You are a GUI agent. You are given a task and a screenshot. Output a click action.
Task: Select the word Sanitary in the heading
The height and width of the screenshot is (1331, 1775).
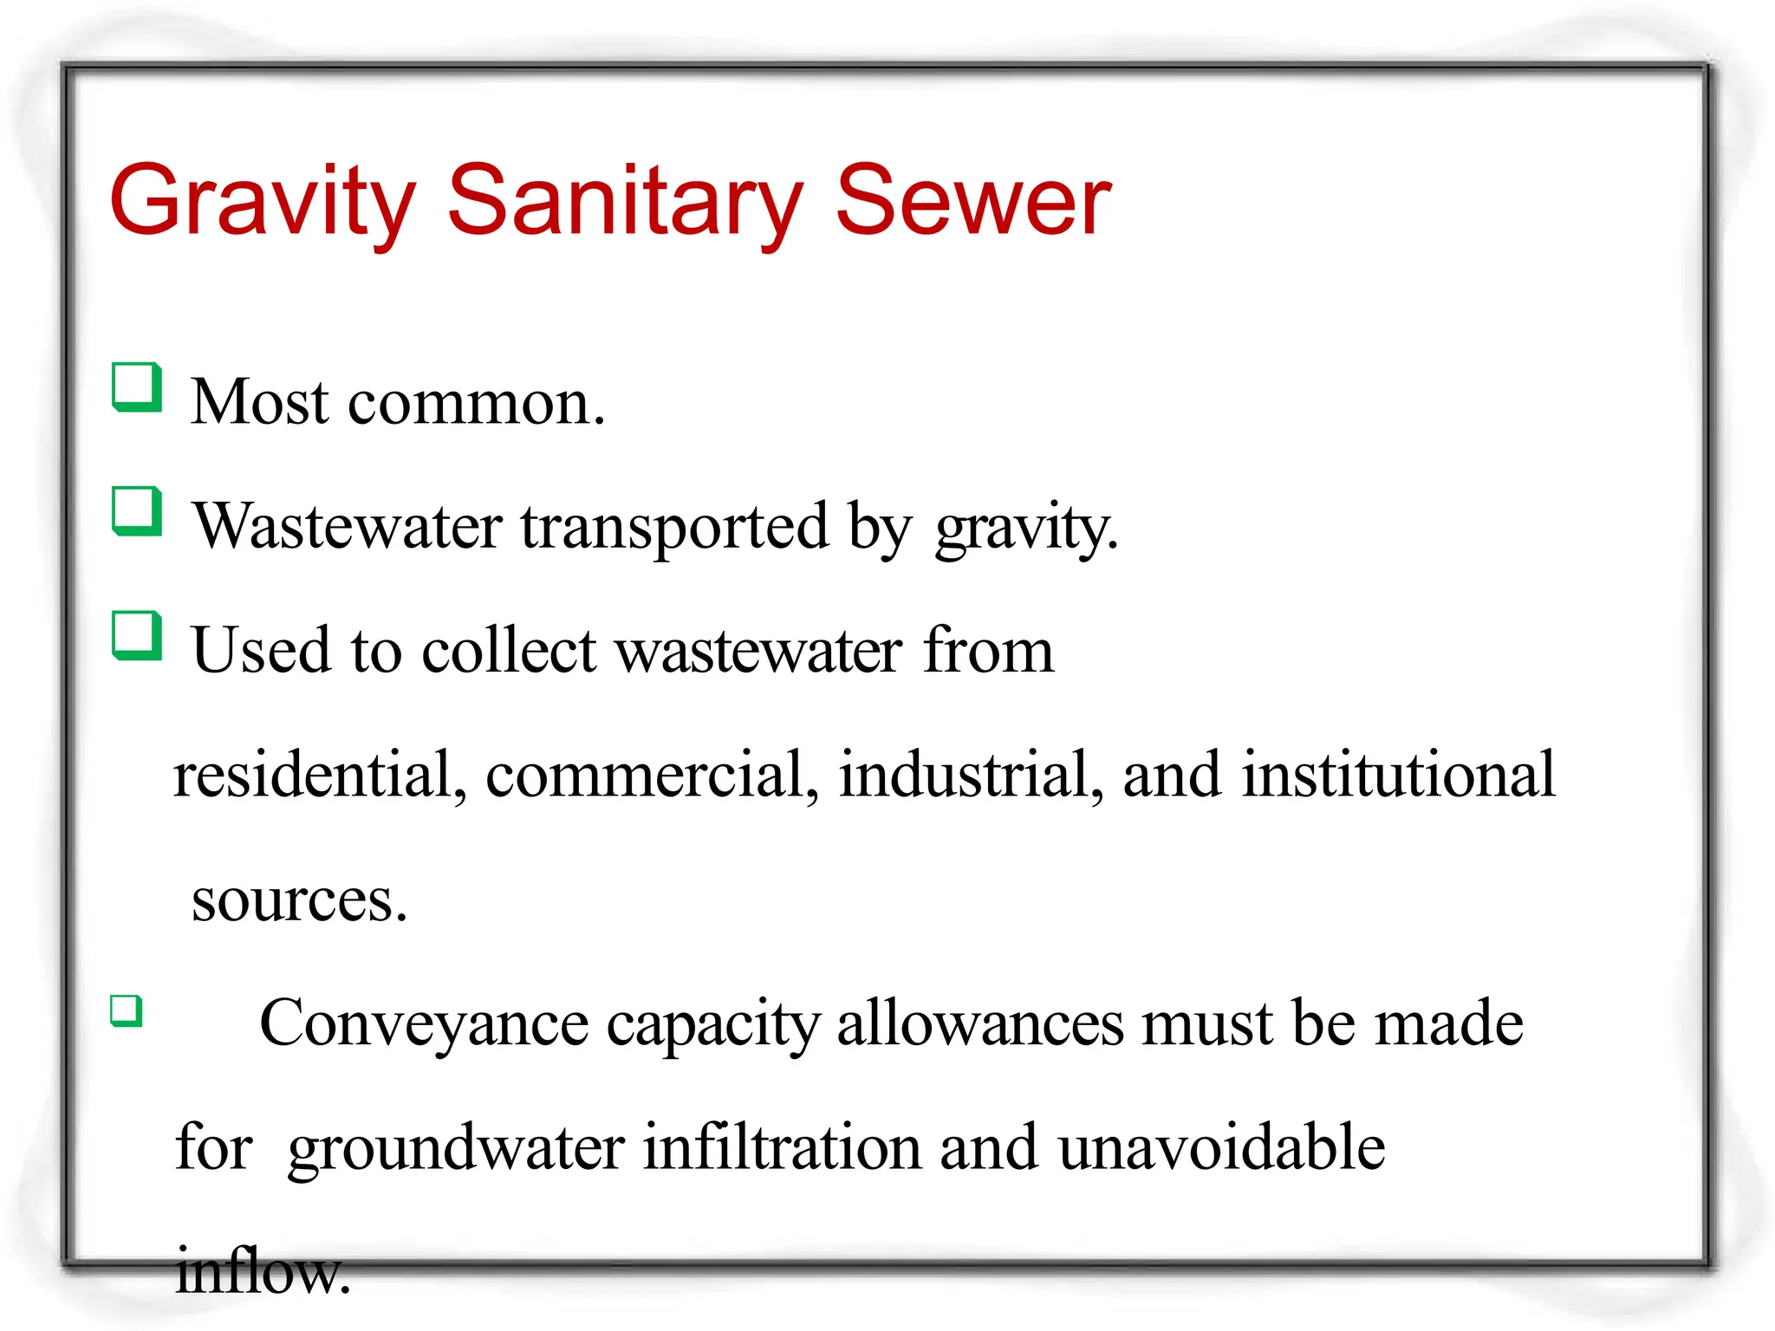[x=625, y=201]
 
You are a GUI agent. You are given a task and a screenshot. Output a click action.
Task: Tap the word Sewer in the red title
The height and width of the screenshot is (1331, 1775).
[x=972, y=201]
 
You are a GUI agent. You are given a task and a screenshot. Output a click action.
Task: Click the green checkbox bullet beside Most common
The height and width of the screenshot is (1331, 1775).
[x=137, y=386]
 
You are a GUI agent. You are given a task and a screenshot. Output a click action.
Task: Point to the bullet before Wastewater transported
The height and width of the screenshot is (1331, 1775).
[x=137, y=510]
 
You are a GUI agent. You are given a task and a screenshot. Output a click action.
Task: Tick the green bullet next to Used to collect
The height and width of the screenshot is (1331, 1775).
[x=137, y=635]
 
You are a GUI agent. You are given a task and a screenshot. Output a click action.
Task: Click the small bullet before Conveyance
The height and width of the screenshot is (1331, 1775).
[x=127, y=1010]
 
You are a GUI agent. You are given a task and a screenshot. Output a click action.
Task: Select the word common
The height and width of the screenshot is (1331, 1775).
[x=476, y=403]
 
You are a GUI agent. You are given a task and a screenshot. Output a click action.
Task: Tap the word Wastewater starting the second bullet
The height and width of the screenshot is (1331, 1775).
[x=348, y=527]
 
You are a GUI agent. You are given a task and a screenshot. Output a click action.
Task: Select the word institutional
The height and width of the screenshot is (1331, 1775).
[x=1398, y=775]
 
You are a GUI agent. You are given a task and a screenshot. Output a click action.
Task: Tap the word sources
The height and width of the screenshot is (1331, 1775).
[x=299, y=900]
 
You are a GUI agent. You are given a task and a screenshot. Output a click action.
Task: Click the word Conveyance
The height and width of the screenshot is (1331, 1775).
[x=424, y=1024]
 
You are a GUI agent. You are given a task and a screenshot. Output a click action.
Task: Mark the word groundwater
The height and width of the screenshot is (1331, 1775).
[x=456, y=1148]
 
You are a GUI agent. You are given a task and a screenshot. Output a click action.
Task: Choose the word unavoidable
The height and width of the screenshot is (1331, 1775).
[x=1221, y=1148]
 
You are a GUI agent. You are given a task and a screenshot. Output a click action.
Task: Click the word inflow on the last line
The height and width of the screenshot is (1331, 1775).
[x=263, y=1271]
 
